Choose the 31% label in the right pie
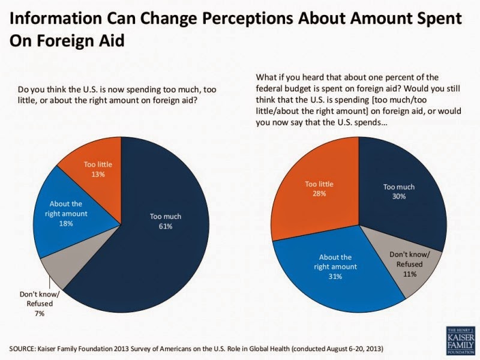pos(334,277)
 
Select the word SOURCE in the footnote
pos(26,349)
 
